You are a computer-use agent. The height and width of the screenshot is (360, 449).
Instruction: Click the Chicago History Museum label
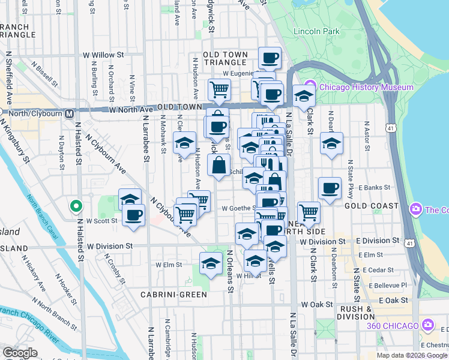click(366, 87)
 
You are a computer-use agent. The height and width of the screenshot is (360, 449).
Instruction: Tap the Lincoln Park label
click(316, 31)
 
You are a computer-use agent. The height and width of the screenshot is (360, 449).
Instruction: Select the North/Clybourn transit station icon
click(70, 112)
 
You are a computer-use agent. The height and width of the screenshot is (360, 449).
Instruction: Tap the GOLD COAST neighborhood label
click(376, 206)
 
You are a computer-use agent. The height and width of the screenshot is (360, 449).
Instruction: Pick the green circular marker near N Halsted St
click(76, 206)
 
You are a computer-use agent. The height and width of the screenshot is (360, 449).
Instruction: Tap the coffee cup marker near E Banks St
click(329, 188)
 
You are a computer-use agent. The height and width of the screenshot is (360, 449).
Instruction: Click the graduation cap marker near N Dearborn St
click(331, 143)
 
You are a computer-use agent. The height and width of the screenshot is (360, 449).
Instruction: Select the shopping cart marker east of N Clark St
click(309, 211)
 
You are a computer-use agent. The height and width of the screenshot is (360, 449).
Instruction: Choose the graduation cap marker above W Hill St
click(256, 260)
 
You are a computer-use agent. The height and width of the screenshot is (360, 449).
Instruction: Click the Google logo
click(20, 353)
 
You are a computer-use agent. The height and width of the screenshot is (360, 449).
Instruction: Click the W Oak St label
click(317, 304)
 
